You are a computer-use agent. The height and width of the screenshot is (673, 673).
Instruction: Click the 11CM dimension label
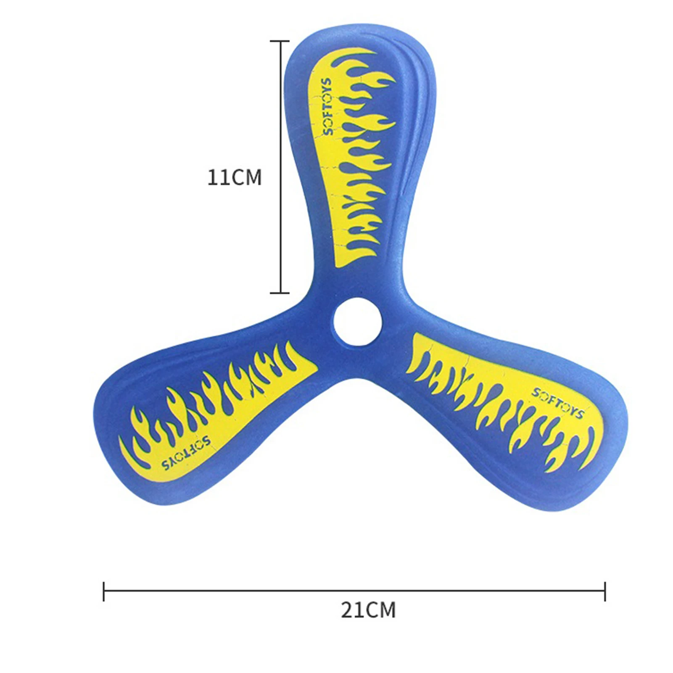(x=235, y=177)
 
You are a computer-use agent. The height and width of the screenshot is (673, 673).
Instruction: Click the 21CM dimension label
(x=368, y=610)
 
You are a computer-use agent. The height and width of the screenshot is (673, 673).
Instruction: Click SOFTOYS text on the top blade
(x=328, y=106)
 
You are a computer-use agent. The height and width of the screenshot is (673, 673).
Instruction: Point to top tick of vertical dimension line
(x=280, y=41)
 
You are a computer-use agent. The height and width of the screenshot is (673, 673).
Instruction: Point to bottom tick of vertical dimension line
(x=280, y=293)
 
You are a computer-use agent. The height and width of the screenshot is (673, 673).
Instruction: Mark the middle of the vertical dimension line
(x=280, y=167)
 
